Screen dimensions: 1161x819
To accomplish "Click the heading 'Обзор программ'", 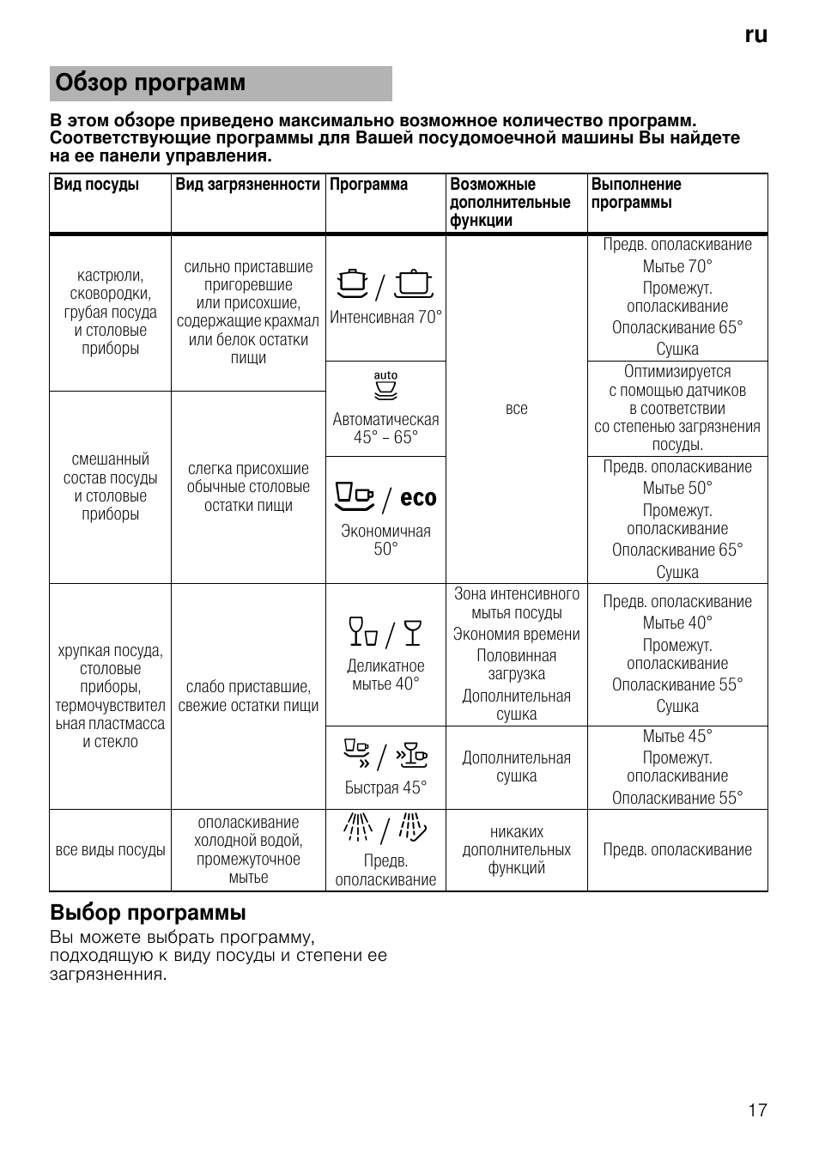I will pyautogui.click(x=151, y=83).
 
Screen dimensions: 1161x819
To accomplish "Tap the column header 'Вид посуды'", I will pyautogui.click(x=96, y=185).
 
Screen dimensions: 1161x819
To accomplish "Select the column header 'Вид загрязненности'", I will pyautogui.click(x=247, y=185).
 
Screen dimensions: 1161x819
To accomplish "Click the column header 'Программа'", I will pyautogui.click(x=369, y=185).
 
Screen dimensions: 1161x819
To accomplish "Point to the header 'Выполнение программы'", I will pyautogui.click(x=636, y=193).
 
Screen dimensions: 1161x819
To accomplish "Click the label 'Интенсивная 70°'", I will pyautogui.click(x=385, y=318).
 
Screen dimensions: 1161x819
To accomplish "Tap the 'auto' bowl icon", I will pyautogui.click(x=386, y=387).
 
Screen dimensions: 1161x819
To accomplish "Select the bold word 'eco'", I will pyautogui.click(x=418, y=498).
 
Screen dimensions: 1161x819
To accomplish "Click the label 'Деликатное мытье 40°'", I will pyautogui.click(x=385, y=675).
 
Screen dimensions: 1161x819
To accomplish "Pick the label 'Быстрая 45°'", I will pyautogui.click(x=385, y=788).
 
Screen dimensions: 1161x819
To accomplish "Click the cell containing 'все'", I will pyautogui.click(x=517, y=409).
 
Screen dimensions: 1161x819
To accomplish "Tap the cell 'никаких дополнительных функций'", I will pyautogui.click(x=517, y=850).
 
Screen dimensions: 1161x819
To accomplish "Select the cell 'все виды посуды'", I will pyautogui.click(x=110, y=850).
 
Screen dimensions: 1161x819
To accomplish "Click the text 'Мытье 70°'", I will pyautogui.click(x=677, y=266).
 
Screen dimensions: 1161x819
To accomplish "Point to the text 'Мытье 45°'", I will pyautogui.click(x=677, y=736).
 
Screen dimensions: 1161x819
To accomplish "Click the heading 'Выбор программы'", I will pyautogui.click(x=148, y=912).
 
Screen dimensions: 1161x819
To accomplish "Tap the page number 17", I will pyautogui.click(x=757, y=1110).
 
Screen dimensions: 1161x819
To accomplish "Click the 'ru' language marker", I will pyautogui.click(x=755, y=34).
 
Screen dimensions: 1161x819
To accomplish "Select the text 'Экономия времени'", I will pyautogui.click(x=517, y=635).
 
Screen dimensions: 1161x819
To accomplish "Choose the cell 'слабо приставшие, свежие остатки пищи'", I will pyautogui.click(x=248, y=696).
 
